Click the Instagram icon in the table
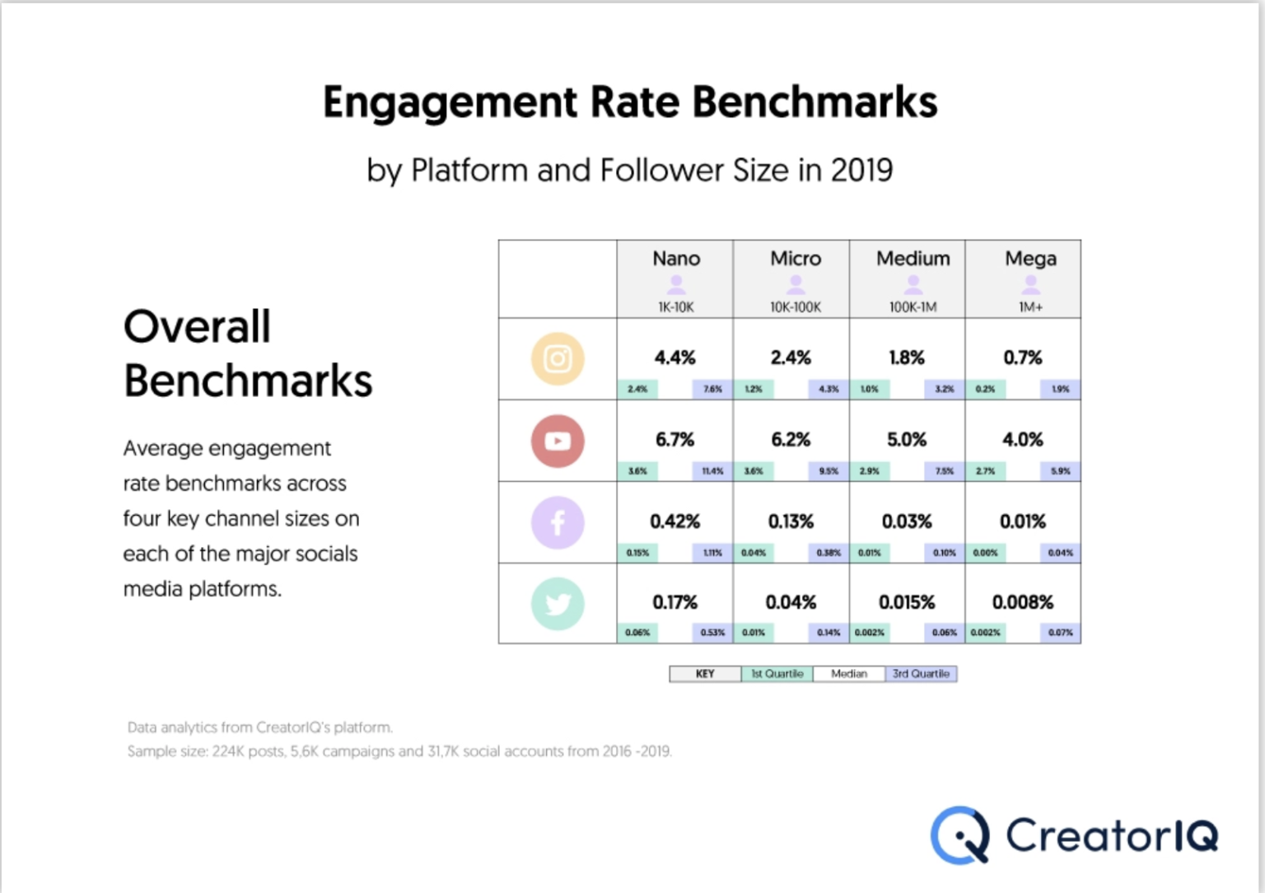click(x=558, y=359)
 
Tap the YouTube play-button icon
click(x=558, y=441)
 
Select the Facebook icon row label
click(x=558, y=522)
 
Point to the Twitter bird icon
click(x=558, y=604)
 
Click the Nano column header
click(x=676, y=259)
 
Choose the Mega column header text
click(x=1030, y=259)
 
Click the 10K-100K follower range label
click(x=796, y=307)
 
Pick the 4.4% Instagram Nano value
click(x=675, y=358)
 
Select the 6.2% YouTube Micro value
click(x=791, y=440)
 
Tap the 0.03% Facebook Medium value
click(x=907, y=521)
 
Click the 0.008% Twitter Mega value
click(x=1022, y=602)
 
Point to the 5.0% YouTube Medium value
click(x=907, y=440)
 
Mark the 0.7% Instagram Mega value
click(x=1022, y=358)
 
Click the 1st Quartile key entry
click(x=777, y=674)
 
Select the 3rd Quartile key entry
click(x=921, y=674)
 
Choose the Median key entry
click(x=848, y=674)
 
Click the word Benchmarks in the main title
click(x=814, y=102)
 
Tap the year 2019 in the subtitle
click(x=861, y=171)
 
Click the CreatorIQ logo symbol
click(x=960, y=835)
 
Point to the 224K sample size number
click(x=228, y=751)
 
